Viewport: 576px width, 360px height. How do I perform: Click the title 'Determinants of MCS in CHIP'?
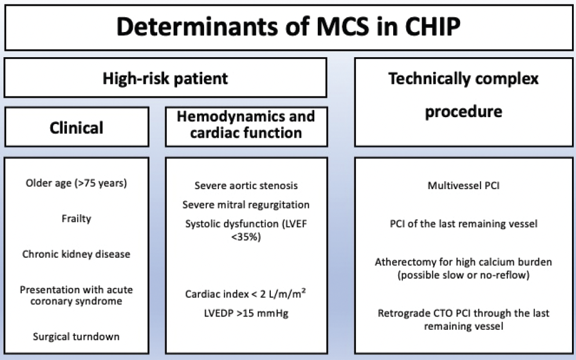(288, 27)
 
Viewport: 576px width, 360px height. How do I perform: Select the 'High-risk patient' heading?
(165, 78)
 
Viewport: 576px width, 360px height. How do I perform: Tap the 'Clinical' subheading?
(76, 127)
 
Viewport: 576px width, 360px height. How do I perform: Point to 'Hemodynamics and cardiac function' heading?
(246, 125)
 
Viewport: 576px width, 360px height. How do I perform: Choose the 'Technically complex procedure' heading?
(463, 94)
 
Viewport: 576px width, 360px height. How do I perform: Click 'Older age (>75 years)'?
(76, 183)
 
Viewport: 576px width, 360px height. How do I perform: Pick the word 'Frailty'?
(76, 218)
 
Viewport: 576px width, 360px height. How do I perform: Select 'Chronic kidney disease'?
(76, 254)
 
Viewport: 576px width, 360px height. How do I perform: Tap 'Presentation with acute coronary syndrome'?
(76, 295)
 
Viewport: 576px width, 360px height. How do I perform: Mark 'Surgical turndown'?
(76, 336)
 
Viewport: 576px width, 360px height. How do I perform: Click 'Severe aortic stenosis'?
(246, 186)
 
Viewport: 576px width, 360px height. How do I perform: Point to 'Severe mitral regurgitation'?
(246, 205)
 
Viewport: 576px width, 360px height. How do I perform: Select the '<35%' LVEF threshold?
(246, 236)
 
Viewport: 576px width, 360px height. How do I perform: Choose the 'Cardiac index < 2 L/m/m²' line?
(246, 294)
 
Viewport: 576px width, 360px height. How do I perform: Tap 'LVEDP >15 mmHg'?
(246, 313)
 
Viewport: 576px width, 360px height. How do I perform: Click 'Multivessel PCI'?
(463, 186)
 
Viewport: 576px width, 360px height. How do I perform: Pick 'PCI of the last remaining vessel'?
(463, 223)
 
